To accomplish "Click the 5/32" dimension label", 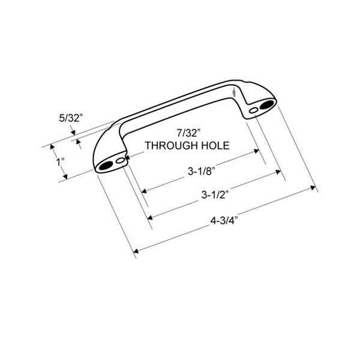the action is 70,118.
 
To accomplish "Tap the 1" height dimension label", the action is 61,162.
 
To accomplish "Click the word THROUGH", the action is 171,146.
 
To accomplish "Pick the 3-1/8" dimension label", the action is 201,171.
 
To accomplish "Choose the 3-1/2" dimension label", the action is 215,194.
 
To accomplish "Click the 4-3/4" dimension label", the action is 224,221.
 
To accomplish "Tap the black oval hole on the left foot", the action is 106,165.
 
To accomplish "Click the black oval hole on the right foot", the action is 267,104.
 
